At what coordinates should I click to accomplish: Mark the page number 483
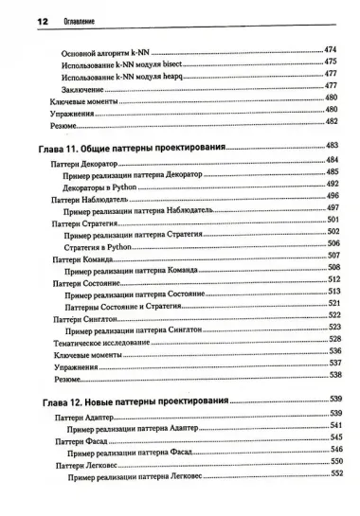(x=332, y=145)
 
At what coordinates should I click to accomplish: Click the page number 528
(x=333, y=338)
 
